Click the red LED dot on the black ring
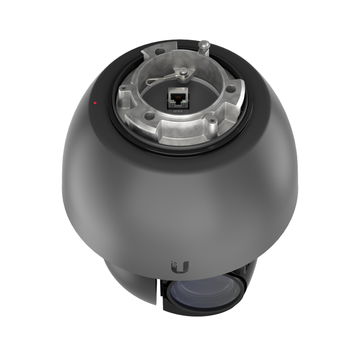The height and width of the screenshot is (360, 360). tap(95, 103)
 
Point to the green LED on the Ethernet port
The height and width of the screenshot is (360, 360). tap(184, 102)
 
